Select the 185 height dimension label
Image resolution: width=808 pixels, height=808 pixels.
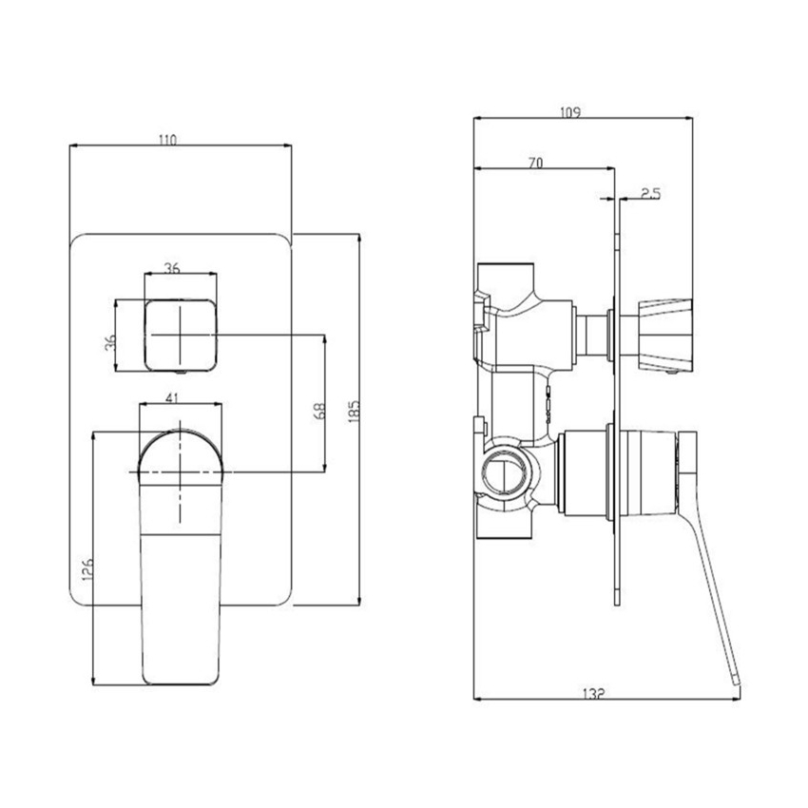[x=352, y=413]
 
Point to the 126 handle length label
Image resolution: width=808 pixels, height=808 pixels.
[x=87, y=569]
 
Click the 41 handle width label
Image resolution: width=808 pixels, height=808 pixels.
[x=173, y=399]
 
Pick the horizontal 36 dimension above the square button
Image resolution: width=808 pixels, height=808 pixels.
[x=172, y=268]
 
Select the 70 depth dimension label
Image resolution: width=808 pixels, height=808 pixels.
[x=534, y=164]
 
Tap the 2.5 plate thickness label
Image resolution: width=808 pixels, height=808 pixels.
[x=651, y=193]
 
